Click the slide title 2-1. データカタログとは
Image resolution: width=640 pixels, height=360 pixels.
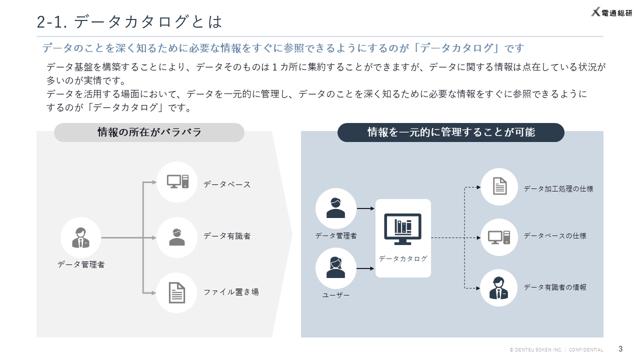[129, 22]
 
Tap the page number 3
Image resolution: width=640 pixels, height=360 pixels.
[620, 348]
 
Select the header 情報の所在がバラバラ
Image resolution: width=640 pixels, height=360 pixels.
[149, 132]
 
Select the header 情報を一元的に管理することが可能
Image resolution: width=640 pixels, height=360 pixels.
[450, 132]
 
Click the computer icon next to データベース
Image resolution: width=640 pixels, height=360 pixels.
[177, 182]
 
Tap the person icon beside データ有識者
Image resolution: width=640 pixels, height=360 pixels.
[176, 237]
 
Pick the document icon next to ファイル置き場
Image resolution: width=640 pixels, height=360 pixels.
[176, 292]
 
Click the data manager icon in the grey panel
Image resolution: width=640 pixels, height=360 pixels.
[80, 237]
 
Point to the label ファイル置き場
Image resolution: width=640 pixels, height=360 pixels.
[231, 292]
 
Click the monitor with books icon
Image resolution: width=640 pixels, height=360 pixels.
[402, 229]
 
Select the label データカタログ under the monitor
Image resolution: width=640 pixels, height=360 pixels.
[403, 258]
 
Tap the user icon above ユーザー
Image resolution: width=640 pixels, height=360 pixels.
[335, 268]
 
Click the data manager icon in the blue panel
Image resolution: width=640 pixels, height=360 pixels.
[335, 208]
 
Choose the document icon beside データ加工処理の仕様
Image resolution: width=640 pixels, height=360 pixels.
[499, 187]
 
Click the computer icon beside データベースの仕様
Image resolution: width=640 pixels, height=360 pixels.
[499, 237]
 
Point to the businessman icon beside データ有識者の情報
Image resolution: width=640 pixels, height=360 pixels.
[498, 288]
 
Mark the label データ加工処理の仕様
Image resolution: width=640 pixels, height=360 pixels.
[558, 189]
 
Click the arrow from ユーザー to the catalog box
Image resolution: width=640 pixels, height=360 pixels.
[365, 268]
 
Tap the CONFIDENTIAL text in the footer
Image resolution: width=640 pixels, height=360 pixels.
[586, 350]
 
